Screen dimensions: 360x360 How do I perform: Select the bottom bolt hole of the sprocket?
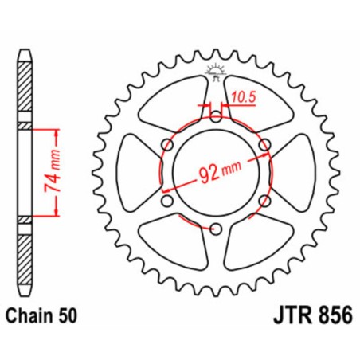point(216,230)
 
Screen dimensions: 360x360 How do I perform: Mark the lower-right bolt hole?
point(264,202)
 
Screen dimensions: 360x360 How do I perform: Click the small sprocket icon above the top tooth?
point(216,70)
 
